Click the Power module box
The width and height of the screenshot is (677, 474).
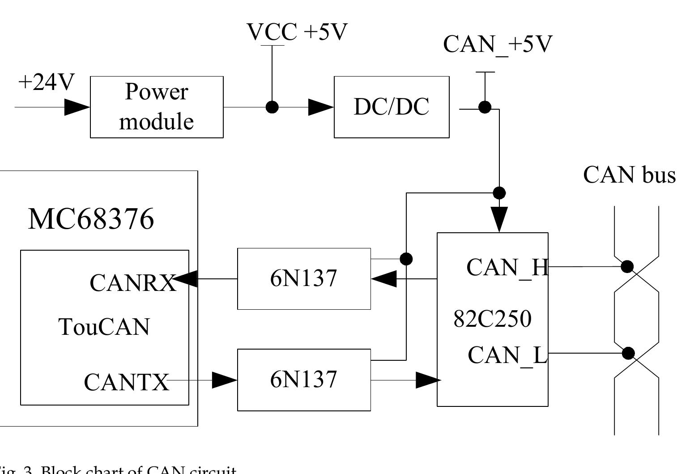click(x=157, y=107)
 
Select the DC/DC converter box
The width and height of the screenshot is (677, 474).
click(x=392, y=107)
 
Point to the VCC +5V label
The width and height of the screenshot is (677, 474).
click(x=297, y=32)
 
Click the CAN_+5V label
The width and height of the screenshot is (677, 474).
click(x=498, y=44)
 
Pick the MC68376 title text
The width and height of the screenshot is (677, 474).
click(x=91, y=219)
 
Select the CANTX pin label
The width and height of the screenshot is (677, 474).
click(x=127, y=382)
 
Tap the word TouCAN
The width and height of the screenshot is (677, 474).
click(x=104, y=327)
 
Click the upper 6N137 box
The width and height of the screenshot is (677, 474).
click(x=304, y=278)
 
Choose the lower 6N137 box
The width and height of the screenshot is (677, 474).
click(x=304, y=380)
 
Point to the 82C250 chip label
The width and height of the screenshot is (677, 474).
click(x=492, y=319)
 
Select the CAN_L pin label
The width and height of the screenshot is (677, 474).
click(x=507, y=355)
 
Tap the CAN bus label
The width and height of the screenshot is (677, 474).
click(x=629, y=175)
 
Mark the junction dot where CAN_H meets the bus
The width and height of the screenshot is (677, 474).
click(x=628, y=267)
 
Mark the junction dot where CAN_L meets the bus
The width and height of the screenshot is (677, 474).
click(x=629, y=353)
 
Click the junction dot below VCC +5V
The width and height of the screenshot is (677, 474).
click(x=272, y=107)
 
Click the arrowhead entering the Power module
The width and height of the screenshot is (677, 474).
click(x=77, y=107)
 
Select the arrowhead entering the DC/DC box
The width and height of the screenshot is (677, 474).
click(x=321, y=107)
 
